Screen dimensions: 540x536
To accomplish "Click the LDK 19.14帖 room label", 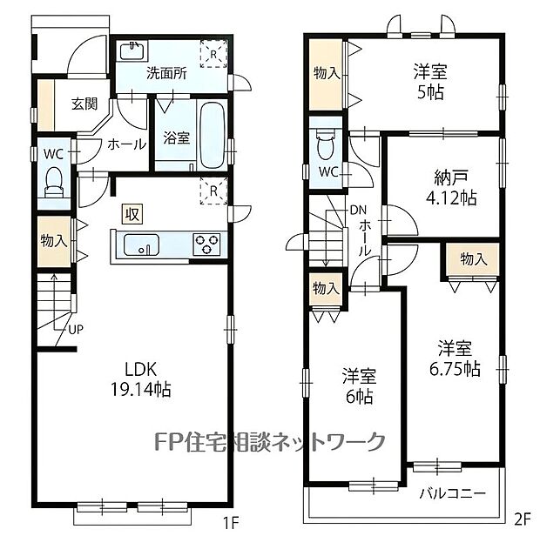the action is [140, 379].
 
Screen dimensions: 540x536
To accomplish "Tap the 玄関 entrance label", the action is [84, 104].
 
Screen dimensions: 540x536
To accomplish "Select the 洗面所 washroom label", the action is [166, 73].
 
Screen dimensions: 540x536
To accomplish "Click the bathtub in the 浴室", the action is [213, 135].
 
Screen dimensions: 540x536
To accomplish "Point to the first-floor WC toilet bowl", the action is [53, 181].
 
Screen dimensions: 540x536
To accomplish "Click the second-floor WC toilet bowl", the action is [326, 144].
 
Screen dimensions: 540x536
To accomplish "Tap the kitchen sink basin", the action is [141, 245].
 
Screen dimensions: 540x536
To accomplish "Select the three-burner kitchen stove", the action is [206, 245].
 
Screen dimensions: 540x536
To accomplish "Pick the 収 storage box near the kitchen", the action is [132, 215].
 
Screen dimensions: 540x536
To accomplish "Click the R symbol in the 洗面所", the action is [213, 54].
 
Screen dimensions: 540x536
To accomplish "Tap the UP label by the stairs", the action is [76, 329].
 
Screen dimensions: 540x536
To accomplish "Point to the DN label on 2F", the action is [358, 210].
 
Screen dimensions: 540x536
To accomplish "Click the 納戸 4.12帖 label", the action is [451, 188].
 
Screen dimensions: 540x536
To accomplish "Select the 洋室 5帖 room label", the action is [430, 82].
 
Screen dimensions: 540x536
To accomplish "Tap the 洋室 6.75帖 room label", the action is [455, 358].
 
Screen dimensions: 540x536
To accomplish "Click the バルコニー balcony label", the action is [453, 494].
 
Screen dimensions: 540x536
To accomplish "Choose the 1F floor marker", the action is [231, 524].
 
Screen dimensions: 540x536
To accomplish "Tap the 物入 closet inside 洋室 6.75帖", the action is [473, 259].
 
